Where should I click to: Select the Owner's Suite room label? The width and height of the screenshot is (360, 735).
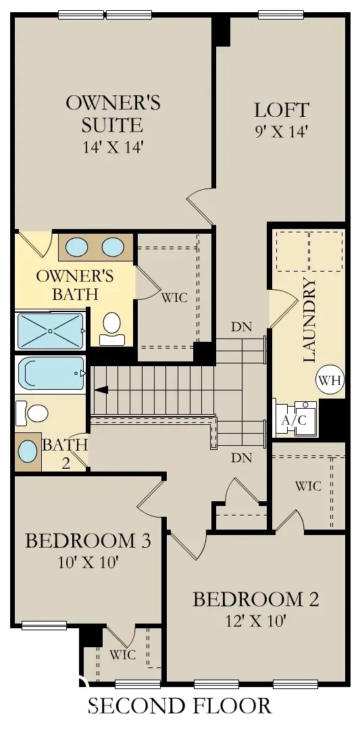click(x=113, y=113)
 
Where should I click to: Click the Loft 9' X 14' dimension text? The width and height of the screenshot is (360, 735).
click(x=281, y=132)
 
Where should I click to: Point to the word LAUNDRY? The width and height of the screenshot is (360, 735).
click(x=311, y=322)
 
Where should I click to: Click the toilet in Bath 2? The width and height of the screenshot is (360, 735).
click(x=33, y=412)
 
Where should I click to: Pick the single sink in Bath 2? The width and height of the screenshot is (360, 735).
click(x=28, y=450)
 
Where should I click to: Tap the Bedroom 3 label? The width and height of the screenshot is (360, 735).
click(x=87, y=541)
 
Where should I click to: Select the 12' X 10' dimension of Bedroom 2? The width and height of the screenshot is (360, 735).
click(x=255, y=620)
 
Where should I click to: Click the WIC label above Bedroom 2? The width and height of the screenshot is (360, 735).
click(x=308, y=485)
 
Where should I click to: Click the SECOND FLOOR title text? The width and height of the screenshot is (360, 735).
click(x=180, y=706)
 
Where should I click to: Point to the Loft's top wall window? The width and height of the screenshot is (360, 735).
click(x=280, y=14)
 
